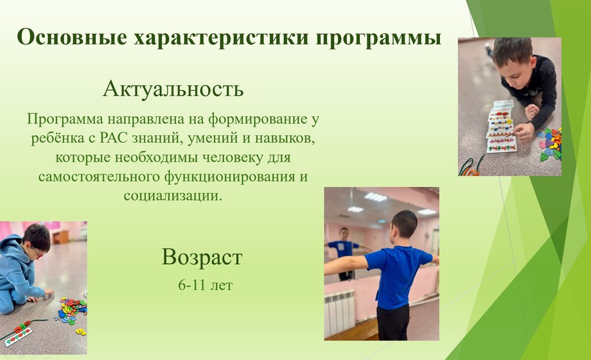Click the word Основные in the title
[x=72, y=37]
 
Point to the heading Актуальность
[x=173, y=89]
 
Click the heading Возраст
[x=202, y=258]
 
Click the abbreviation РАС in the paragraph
[x=114, y=138]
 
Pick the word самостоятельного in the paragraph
[x=99, y=176]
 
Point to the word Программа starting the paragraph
[x=65, y=120]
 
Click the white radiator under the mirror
[x=339, y=312]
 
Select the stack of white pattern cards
[x=500, y=126]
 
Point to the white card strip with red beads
[x=19, y=334]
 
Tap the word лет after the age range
[x=221, y=285]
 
